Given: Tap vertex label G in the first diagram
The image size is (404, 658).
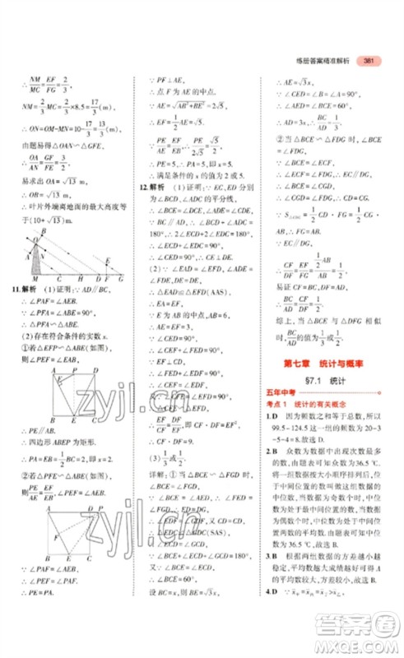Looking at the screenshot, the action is [121, 280].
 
